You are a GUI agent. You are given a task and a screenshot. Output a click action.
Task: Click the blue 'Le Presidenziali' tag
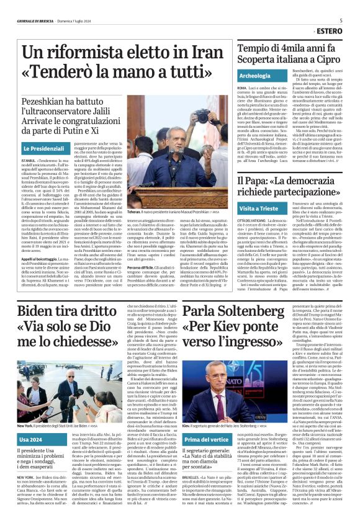point(45,150)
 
